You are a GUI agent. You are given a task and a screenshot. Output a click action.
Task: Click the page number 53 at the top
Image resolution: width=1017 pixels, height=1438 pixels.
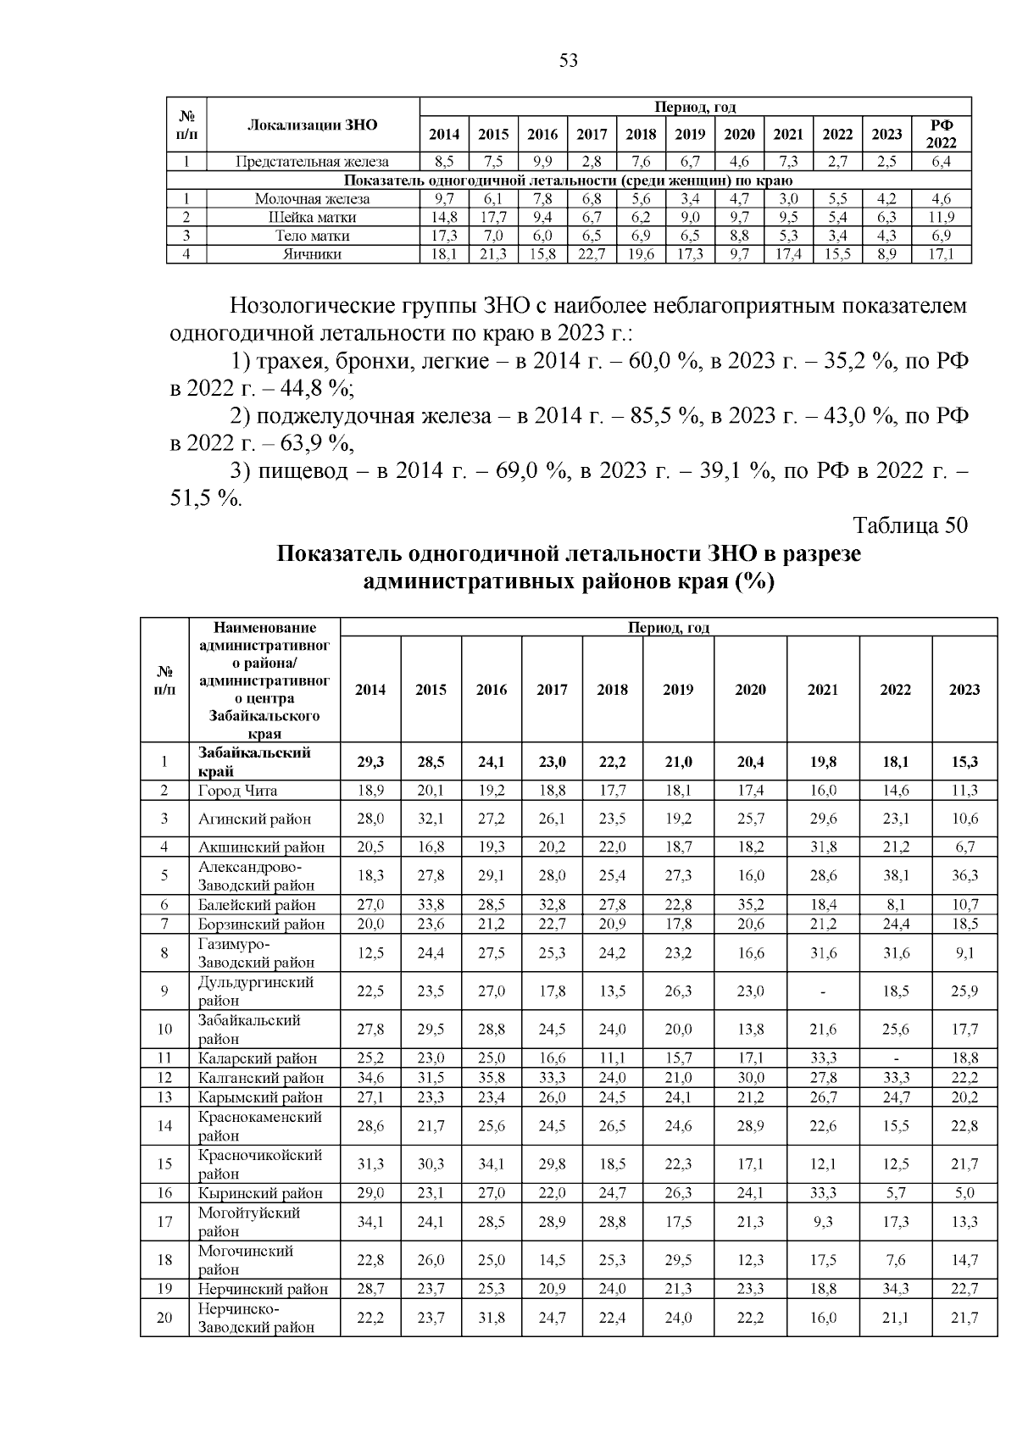(x=568, y=61)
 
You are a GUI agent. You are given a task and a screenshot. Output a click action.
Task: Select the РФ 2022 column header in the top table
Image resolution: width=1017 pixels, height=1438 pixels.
(x=941, y=134)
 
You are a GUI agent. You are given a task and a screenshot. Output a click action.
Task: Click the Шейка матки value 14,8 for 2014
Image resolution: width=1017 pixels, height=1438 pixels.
(x=444, y=217)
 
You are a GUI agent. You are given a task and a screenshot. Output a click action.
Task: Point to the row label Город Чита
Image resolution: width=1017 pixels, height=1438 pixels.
(x=238, y=791)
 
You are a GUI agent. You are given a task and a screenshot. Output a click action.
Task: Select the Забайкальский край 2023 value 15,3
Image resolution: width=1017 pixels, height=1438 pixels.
(x=964, y=762)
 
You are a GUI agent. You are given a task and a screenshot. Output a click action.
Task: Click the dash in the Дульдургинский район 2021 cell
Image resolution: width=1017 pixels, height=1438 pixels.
(x=822, y=991)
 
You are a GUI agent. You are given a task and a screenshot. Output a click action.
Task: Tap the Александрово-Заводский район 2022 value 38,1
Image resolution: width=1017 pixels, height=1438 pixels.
(x=895, y=875)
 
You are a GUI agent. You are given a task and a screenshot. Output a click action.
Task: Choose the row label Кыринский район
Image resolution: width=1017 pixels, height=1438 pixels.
(x=260, y=1193)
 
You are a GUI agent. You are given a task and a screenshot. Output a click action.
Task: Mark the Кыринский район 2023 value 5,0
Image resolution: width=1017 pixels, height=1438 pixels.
(x=964, y=1193)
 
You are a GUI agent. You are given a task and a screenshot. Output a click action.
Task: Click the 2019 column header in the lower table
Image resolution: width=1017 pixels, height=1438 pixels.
(x=678, y=690)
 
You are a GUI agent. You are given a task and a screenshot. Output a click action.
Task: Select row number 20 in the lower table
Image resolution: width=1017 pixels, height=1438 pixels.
(x=164, y=1318)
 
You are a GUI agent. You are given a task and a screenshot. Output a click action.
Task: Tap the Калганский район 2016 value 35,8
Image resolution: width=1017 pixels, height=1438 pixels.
(x=492, y=1078)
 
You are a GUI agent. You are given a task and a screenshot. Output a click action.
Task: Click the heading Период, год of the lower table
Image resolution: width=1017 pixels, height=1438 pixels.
(x=668, y=628)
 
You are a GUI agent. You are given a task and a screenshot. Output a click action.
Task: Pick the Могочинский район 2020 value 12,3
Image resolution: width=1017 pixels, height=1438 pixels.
(x=750, y=1260)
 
